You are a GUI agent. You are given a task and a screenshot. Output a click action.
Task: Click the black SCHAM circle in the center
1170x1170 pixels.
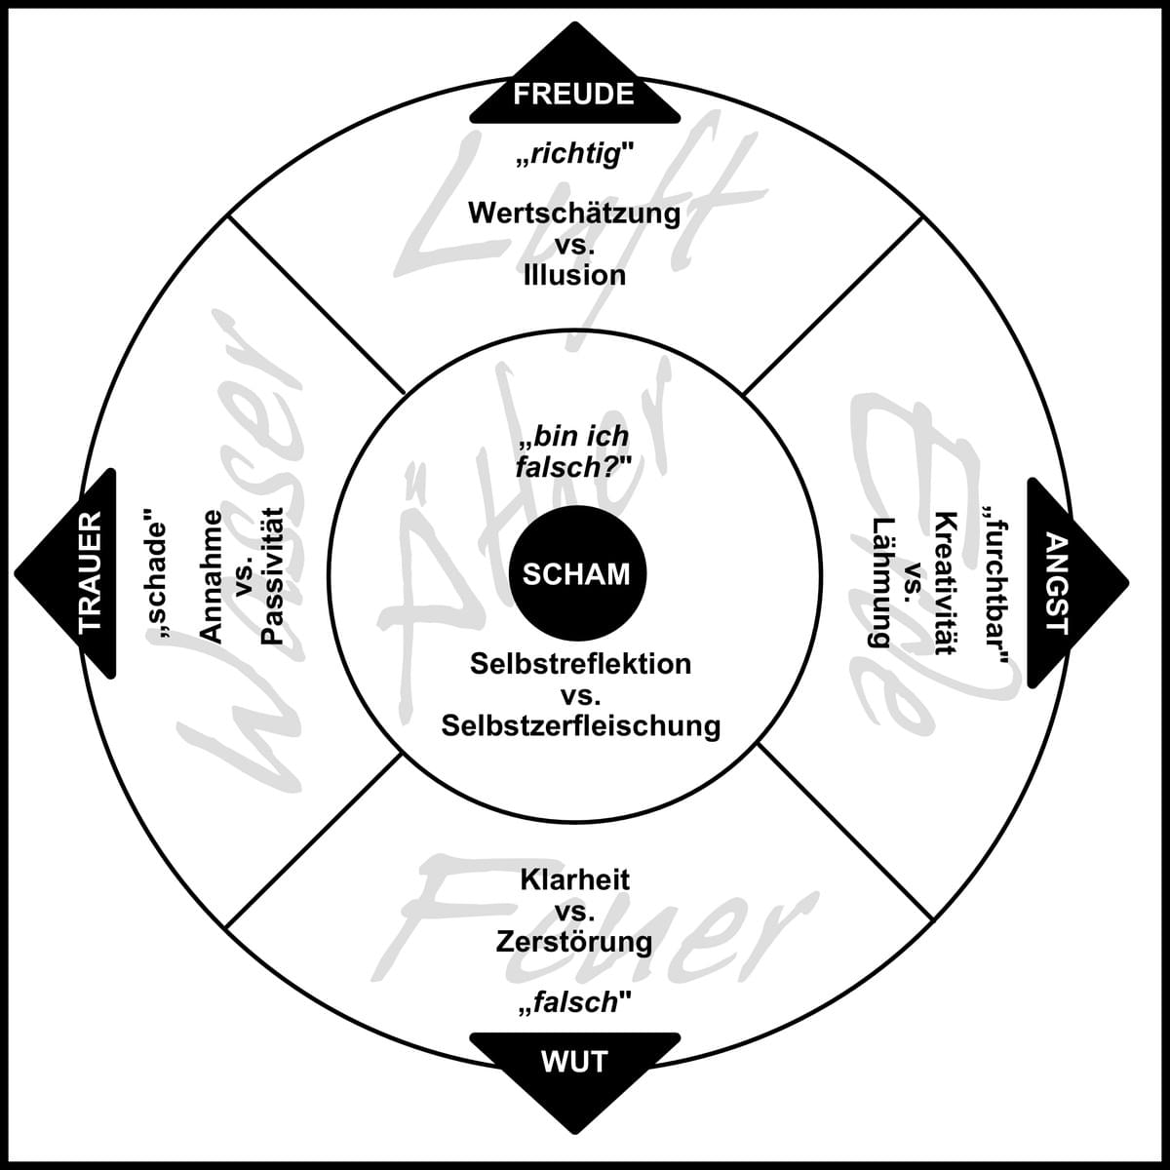coord(576,573)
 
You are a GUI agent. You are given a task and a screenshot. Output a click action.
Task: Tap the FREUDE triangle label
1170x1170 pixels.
coord(574,94)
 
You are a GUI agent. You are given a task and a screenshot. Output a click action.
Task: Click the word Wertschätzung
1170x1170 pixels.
coord(574,213)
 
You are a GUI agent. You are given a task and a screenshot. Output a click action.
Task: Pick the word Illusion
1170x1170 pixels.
coord(574,275)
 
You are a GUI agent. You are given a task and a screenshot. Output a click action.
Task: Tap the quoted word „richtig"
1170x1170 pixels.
coord(574,154)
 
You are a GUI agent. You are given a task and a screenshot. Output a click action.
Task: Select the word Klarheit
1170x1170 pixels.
coord(574,879)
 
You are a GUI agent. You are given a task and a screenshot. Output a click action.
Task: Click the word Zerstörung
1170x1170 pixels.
coord(574,942)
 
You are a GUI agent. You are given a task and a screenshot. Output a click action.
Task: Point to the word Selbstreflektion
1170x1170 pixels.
coord(580,664)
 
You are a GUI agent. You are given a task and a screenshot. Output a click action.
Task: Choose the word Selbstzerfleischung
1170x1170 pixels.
coord(580,725)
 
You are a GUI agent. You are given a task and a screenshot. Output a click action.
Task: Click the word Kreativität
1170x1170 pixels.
coord(944,583)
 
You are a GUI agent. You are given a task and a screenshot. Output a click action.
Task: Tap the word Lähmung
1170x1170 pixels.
coord(882,583)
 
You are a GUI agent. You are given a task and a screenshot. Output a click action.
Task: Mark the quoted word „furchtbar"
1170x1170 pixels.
coord(996,583)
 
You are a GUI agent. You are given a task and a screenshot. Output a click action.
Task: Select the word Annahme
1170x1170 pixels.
coord(210,575)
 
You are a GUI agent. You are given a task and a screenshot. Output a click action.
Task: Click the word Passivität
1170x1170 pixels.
coord(272,575)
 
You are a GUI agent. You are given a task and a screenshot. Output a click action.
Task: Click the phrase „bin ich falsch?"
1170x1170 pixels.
coord(574,451)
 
